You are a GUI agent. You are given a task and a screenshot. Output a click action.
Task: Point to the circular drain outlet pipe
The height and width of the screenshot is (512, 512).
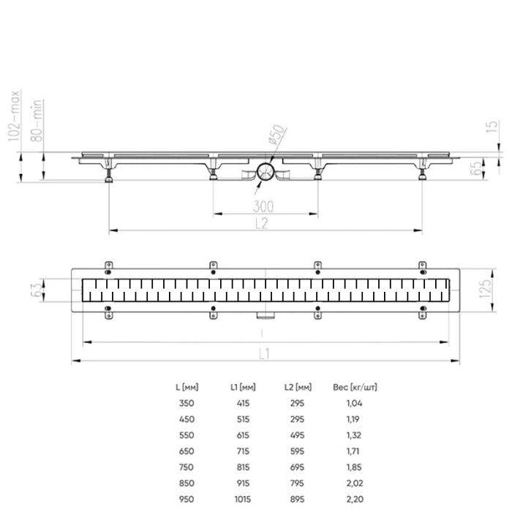[x=265, y=173]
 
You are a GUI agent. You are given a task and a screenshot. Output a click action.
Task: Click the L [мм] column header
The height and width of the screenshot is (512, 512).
[x=188, y=387]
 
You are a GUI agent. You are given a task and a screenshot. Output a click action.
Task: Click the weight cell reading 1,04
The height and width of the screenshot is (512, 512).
[x=354, y=403]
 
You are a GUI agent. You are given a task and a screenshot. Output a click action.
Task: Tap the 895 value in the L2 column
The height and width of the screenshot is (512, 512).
[x=296, y=498]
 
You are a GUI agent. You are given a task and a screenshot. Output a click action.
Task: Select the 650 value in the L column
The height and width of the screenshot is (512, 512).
[x=188, y=451]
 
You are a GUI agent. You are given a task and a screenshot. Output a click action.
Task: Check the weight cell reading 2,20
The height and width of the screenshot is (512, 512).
[x=354, y=498]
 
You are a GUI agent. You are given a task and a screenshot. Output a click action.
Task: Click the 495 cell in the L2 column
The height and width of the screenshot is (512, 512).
[x=296, y=434]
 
